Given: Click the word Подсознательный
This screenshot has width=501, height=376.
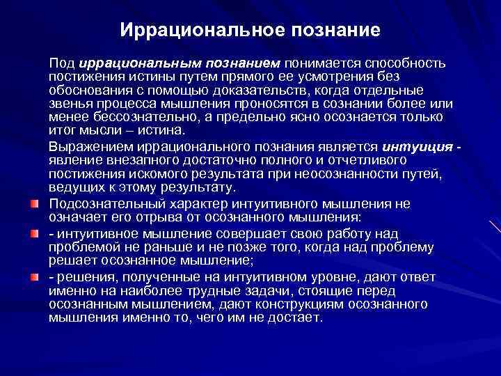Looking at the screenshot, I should pyautogui.click(x=106, y=204).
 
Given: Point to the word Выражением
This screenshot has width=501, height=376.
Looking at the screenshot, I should pyautogui.click(x=89, y=147).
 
